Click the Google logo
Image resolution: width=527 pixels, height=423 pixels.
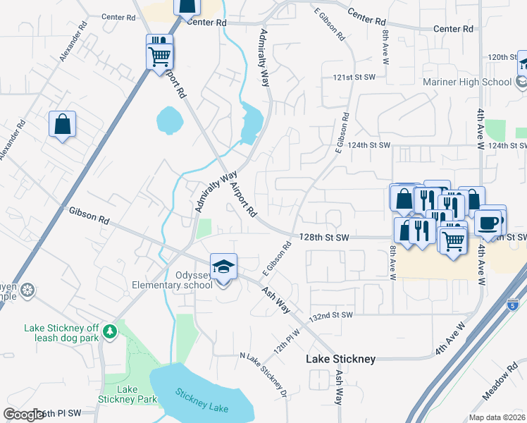click(24, 415)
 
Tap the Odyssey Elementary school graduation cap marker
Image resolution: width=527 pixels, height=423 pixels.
click(224, 267)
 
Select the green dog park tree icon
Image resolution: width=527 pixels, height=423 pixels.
click(109, 330)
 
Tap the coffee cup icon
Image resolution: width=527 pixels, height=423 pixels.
click(488, 223)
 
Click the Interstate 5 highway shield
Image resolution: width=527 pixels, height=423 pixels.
click(514, 305)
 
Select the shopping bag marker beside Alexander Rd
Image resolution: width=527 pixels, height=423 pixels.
click(62, 125)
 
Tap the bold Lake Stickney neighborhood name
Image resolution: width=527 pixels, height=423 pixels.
click(340, 359)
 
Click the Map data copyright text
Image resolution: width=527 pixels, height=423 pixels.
click(496, 417)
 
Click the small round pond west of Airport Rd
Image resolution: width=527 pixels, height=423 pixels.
click(168, 121)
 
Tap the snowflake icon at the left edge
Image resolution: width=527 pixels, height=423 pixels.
click(27, 290)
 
